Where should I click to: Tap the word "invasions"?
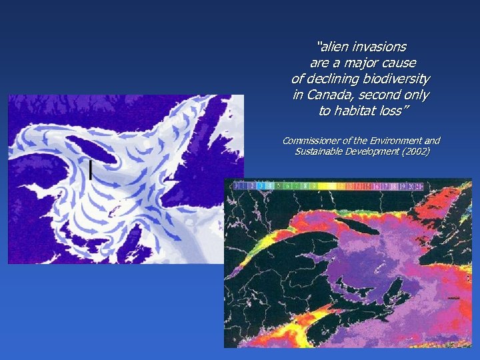pos(381,47)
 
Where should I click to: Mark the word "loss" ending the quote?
pos(393,111)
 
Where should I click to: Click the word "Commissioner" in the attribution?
pos(312,141)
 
